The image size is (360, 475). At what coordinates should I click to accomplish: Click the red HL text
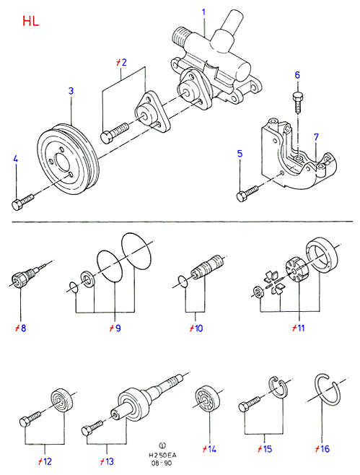[x=30, y=21]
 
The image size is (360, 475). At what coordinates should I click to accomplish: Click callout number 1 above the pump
[x=203, y=12]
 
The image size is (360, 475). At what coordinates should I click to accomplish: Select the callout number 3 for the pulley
[x=71, y=91]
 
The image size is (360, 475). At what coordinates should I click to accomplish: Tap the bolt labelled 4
[x=22, y=201]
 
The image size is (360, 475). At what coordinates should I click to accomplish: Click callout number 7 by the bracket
[x=317, y=137]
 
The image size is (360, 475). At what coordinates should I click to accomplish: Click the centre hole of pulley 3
[x=61, y=165]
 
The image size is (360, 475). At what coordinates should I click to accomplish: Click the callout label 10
[x=196, y=328]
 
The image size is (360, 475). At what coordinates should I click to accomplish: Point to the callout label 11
[x=299, y=328]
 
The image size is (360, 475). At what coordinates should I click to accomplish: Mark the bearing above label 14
[x=206, y=401]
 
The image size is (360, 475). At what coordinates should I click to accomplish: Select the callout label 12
[x=45, y=461]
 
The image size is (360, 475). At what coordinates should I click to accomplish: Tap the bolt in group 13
[x=92, y=427]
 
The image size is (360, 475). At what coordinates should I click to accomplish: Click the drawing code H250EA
[x=162, y=456]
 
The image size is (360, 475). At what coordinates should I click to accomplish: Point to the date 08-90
[x=162, y=463]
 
